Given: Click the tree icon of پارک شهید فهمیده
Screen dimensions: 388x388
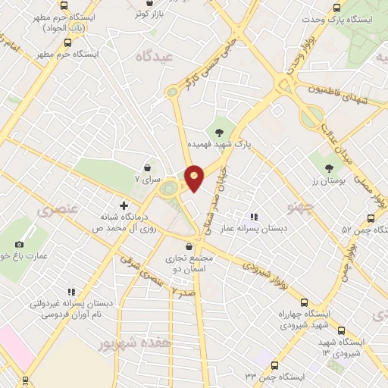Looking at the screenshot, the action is point(220,131).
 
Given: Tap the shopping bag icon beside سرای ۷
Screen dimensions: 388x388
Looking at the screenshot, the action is point(147,167).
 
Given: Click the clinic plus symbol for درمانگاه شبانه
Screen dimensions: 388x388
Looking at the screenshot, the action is point(124,204).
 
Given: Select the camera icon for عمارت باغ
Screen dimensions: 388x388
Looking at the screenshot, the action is point(19,244).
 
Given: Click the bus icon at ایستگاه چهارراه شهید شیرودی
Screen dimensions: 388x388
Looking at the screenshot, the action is point(304,302).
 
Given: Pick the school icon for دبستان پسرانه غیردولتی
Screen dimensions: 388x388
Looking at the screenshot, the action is point(71,291).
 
